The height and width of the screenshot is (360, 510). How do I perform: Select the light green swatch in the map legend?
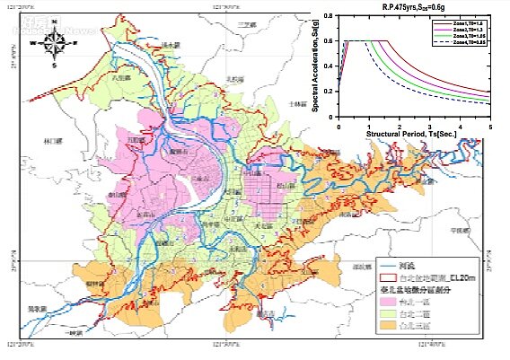(388, 316)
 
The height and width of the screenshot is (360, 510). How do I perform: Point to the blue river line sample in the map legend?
(388, 266)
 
